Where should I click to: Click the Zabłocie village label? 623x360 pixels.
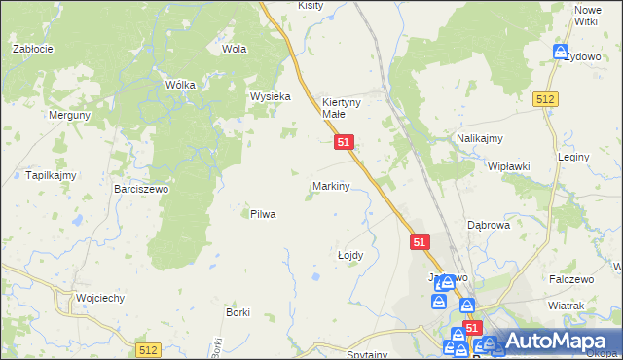click(x=32, y=48)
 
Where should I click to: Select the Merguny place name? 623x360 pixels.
click(x=69, y=114)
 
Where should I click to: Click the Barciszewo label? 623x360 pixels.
click(x=141, y=189)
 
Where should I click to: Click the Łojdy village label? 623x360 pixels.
click(x=349, y=255)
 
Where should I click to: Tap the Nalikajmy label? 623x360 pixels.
click(x=479, y=139)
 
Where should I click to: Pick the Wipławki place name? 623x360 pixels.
click(x=509, y=166)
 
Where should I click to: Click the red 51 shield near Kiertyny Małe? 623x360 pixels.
click(x=343, y=142)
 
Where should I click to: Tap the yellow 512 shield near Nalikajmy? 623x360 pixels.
click(x=545, y=99)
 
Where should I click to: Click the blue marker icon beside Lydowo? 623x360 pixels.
click(x=561, y=52)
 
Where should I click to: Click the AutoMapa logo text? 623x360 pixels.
click(x=554, y=342)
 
